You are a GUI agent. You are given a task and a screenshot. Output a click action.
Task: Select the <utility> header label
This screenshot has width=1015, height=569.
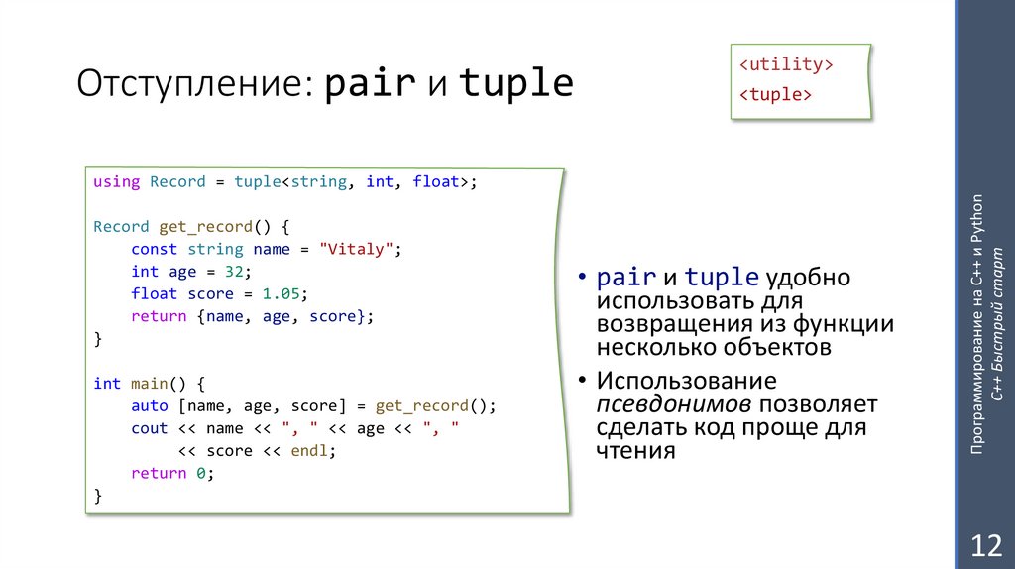tap(784, 65)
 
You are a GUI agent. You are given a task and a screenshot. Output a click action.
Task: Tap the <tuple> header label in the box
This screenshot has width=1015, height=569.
tap(776, 95)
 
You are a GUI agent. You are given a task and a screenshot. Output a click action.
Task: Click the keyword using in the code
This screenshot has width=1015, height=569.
tap(116, 181)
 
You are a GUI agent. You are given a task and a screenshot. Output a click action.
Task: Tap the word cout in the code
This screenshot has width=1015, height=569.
tap(149, 428)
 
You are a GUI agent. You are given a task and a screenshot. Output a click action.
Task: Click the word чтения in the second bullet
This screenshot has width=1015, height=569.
tap(635, 450)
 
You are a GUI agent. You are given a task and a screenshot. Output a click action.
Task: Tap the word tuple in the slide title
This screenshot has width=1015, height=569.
tap(515, 84)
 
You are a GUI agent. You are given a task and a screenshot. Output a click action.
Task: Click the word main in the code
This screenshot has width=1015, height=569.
tap(149, 384)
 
